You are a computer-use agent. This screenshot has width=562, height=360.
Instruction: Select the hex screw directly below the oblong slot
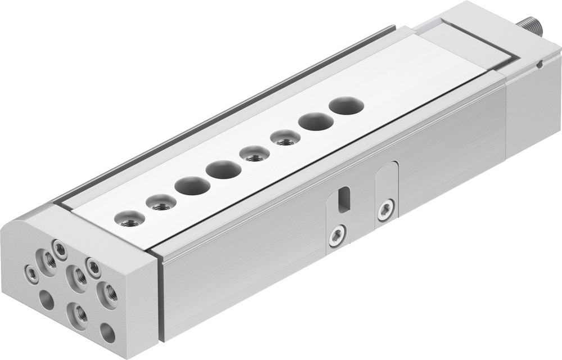point(337,236)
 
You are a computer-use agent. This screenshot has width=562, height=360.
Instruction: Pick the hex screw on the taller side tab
point(386,210)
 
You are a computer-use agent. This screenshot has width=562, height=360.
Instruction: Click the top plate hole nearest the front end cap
point(130,219)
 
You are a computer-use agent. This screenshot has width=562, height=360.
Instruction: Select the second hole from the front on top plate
point(161,202)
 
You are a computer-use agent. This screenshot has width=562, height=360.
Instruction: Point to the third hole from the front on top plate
point(192,186)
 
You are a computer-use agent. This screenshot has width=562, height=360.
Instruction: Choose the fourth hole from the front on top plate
point(223,169)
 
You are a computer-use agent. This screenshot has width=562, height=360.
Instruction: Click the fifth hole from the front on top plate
point(254,153)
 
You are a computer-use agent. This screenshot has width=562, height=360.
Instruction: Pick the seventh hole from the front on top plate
point(316,121)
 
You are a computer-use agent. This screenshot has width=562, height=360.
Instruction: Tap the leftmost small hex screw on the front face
point(31,274)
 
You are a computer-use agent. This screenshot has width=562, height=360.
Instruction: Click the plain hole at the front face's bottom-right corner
point(107,332)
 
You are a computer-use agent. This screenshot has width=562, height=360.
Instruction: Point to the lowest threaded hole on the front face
point(78,314)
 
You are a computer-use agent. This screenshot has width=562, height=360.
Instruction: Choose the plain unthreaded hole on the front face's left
point(47,300)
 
